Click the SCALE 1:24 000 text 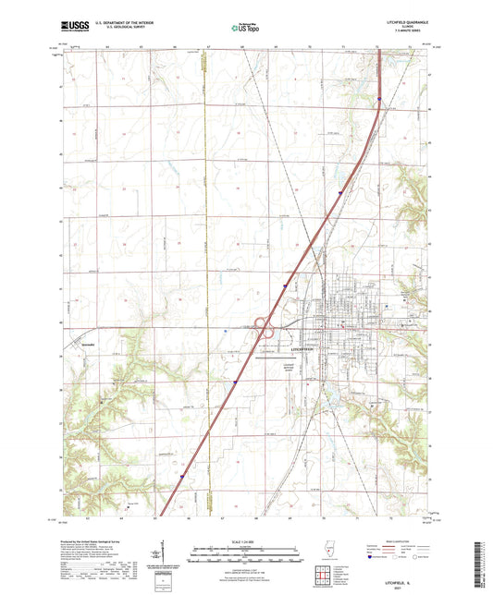pos(245,541)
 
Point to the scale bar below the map pos(245,557)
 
